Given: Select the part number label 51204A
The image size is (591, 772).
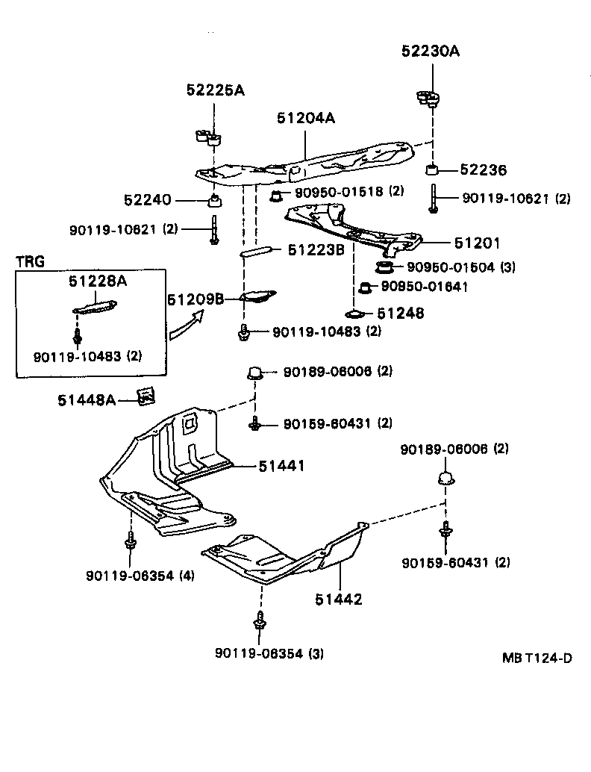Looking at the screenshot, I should click(x=306, y=117).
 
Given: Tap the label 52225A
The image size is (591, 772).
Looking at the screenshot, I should click(x=215, y=90).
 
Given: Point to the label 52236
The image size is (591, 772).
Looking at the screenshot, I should click(x=482, y=171).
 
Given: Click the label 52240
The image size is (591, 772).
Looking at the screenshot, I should click(x=148, y=200).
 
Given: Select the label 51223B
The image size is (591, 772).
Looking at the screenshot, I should click(x=316, y=250).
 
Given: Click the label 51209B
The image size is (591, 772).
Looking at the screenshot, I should click(x=196, y=299).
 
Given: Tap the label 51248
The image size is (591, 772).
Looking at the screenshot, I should click(x=400, y=314).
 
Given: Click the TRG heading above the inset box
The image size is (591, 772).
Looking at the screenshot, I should click(x=30, y=261).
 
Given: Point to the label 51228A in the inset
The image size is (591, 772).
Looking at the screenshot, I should click(x=97, y=281).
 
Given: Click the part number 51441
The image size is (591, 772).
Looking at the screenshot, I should click(x=282, y=466).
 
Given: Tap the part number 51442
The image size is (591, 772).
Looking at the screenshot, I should click(x=337, y=598).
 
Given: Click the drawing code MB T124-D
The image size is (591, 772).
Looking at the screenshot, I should click(x=537, y=658).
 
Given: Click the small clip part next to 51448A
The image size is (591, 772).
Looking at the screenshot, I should click(x=146, y=396).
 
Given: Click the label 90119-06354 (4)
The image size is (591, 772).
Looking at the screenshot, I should click(x=140, y=576).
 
